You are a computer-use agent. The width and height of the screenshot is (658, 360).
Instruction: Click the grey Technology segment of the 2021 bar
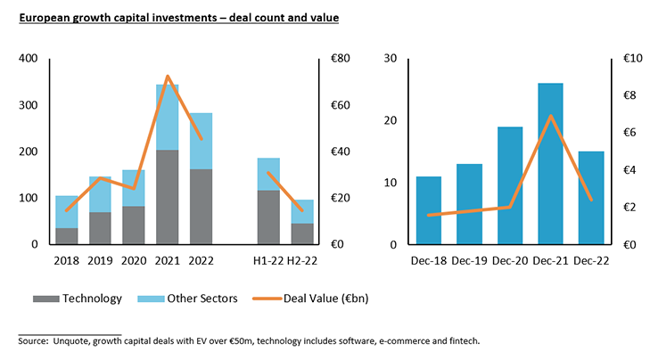(x=168, y=197)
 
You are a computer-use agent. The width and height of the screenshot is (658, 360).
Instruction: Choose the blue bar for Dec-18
(x=429, y=210)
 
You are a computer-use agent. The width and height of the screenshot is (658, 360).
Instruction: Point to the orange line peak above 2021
(x=168, y=77)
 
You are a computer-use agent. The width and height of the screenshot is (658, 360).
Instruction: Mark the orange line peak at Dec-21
(x=551, y=116)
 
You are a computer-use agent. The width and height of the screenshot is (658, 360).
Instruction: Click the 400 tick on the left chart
(x=30, y=59)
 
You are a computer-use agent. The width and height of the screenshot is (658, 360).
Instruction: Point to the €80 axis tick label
(x=340, y=59)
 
